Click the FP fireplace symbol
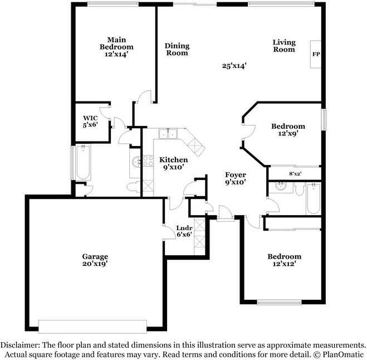[316, 54]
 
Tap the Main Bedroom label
[116, 47]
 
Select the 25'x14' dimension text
[234, 66]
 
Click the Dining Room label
[177, 49]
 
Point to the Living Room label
[283, 46]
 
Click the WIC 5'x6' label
[90, 122]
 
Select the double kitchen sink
[167, 134]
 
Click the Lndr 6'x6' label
[184, 231]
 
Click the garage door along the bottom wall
[92, 327]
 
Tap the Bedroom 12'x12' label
[284, 260]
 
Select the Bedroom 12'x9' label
[288, 130]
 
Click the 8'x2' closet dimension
[296, 174]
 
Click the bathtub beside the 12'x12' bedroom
[312, 200]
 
